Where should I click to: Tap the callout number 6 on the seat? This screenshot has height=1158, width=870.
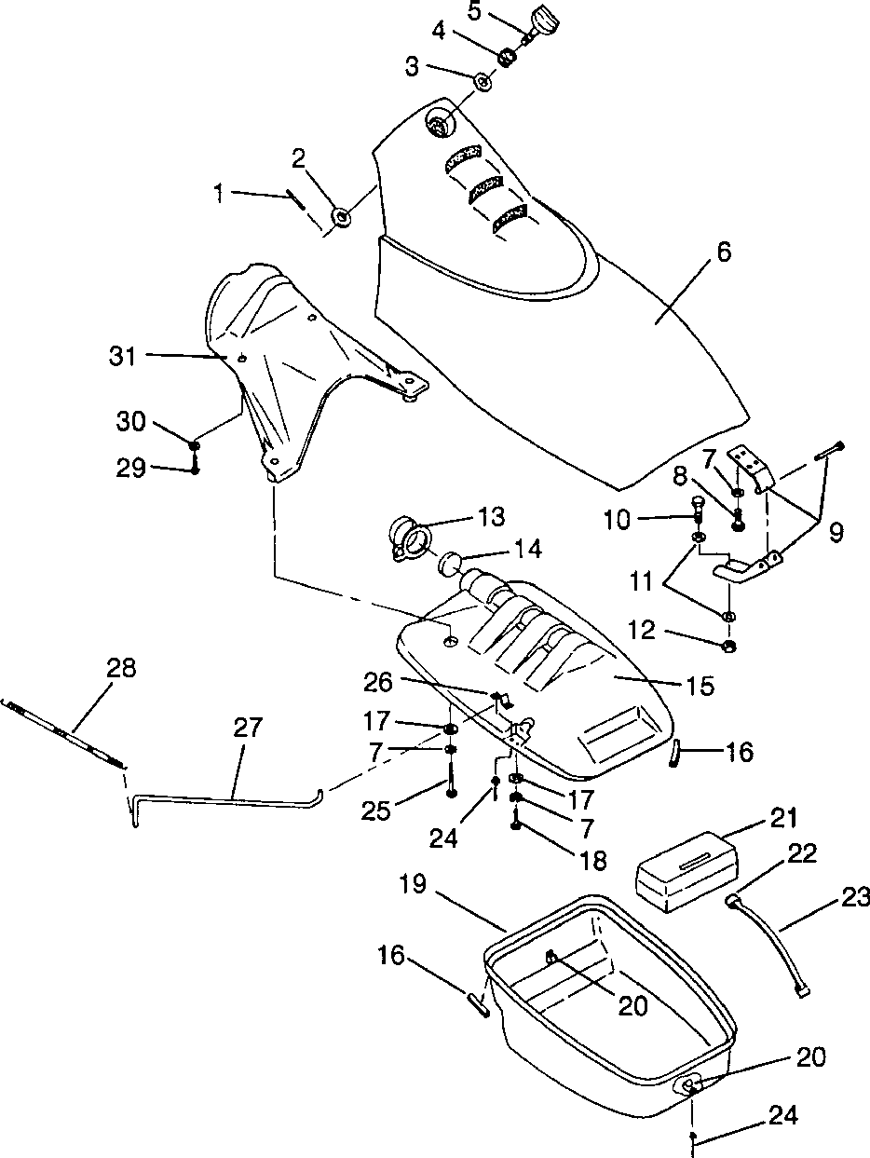(725, 252)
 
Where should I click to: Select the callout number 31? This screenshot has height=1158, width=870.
(123, 357)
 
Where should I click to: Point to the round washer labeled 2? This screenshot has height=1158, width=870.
(342, 216)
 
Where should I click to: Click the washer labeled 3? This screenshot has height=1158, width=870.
(483, 82)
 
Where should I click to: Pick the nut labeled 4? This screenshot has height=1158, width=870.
(508, 56)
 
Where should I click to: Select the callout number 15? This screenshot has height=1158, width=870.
(700, 686)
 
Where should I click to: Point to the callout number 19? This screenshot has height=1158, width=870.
(413, 885)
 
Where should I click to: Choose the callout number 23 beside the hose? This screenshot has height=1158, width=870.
(853, 898)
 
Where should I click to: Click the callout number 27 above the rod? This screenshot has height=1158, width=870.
(248, 728)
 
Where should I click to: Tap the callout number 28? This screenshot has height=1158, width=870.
(121, 667)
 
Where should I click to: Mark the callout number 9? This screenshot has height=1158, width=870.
(836, 533)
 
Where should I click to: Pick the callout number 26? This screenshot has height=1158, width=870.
(377, 682)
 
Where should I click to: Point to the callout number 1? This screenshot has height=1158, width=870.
(219, 195)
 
